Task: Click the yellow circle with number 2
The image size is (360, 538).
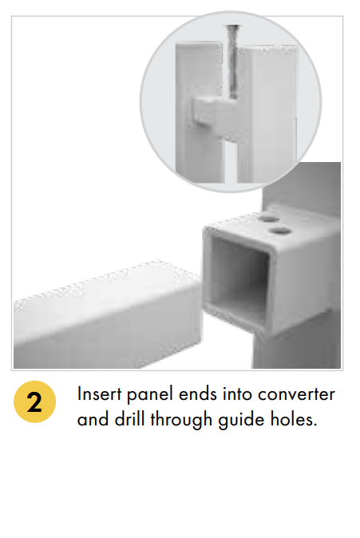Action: tap(34, 402)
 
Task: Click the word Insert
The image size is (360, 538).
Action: tap(99, 394)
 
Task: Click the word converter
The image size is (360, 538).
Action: tap(296, 394)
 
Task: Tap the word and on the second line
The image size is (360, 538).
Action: tap(93, 419)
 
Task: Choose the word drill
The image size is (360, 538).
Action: tap(129, 419)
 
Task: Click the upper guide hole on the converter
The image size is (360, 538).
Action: tap(269, 219)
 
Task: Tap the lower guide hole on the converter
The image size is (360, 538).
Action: tap(281, 231)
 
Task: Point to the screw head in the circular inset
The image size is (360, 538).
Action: tap(233, 27)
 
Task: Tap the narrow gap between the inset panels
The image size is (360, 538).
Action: tap(231, 161)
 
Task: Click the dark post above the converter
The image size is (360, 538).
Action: tap(302, 185)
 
